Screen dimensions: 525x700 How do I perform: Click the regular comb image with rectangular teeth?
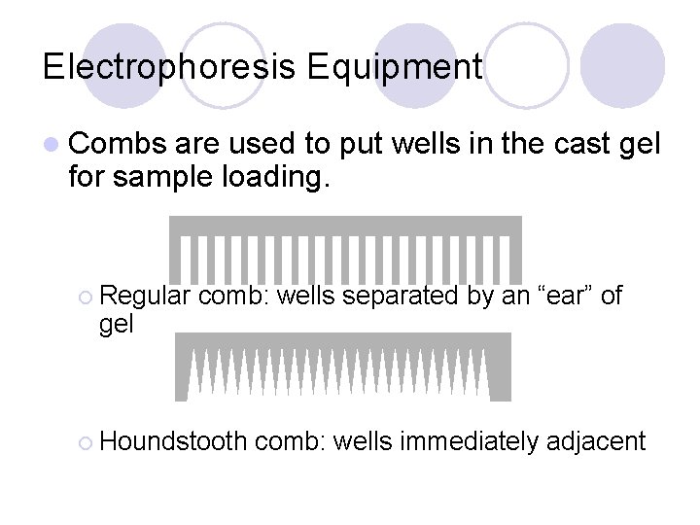[x=345, y=249]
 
